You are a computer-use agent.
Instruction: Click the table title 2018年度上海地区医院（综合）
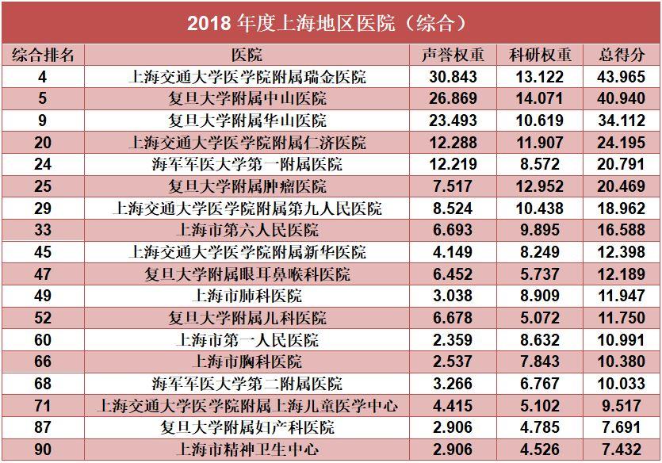point(331,22)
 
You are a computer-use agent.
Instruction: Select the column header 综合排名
point(43,55)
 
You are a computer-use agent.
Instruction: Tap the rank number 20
point(43,143)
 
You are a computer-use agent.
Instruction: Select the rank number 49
point(43,297)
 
